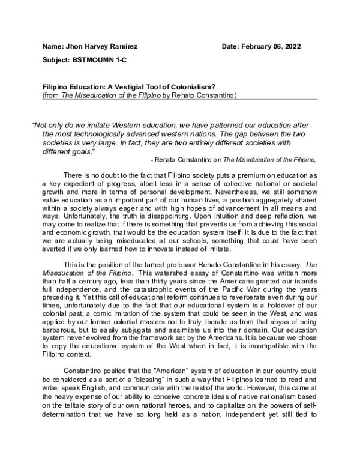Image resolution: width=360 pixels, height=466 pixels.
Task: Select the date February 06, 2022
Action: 277,46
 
